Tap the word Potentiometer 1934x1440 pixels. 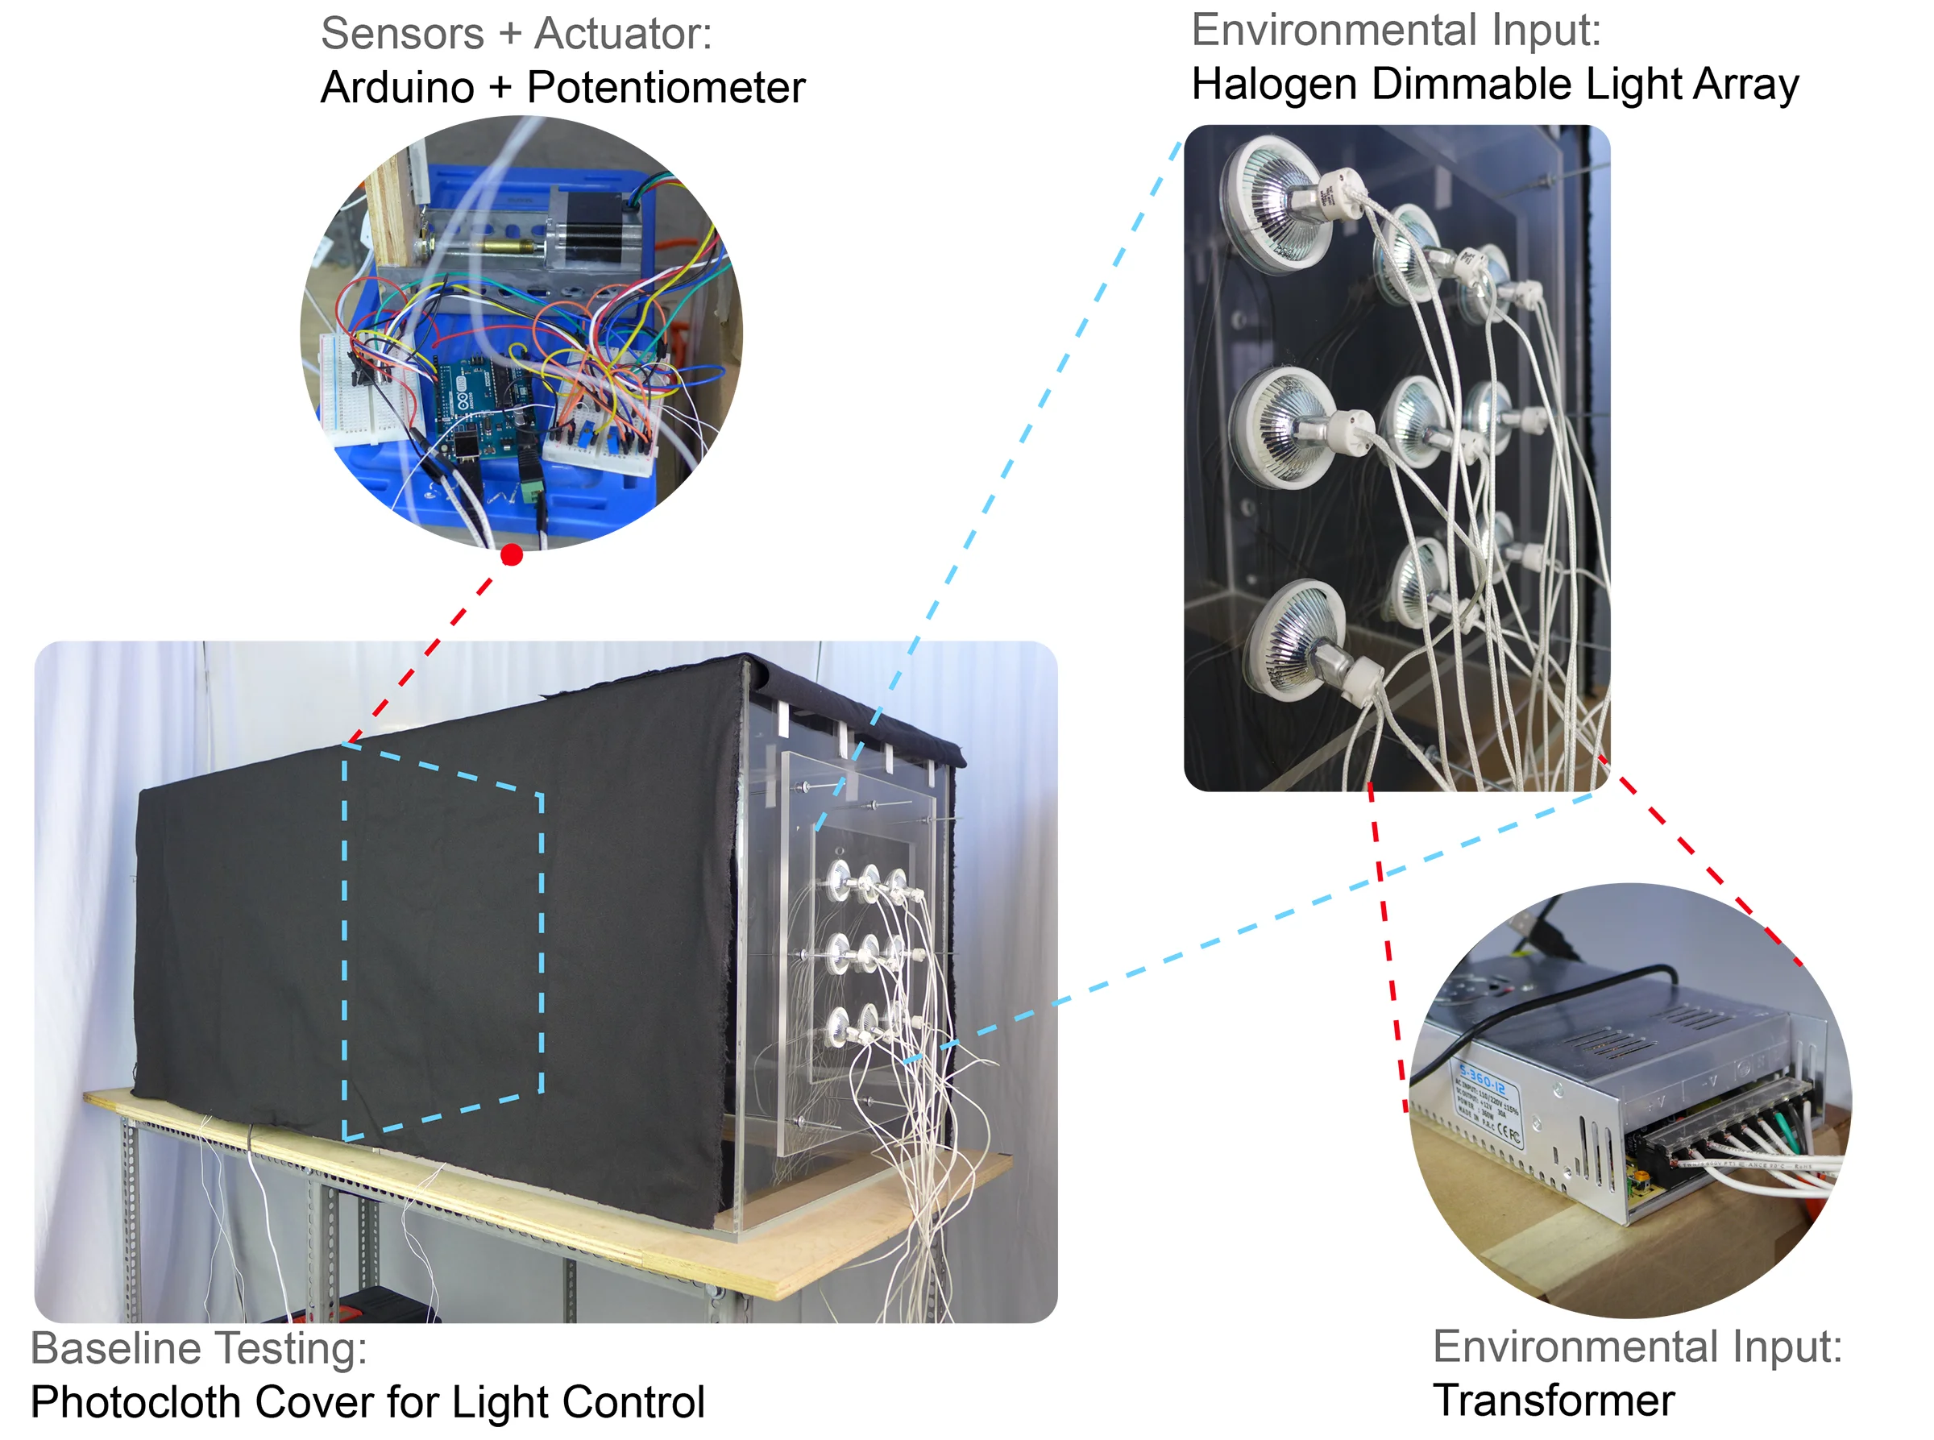click(x=666, y=88)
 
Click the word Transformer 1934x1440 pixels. click(x=1553, y=1401)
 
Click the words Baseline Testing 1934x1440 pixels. click(x=199, y=1348)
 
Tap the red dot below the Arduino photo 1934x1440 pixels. click(x=512, y=555)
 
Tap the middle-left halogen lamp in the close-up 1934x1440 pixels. click(x=1281, y=427)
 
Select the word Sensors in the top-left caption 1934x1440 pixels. click(x=402, y=34)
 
